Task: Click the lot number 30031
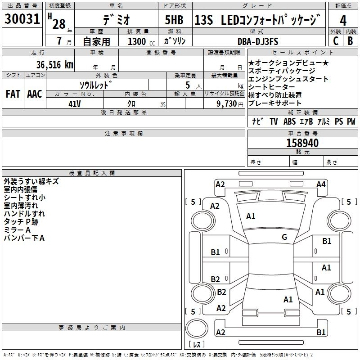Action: click(22, 20)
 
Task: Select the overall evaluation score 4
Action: click(343, 21)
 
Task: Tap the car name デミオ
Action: click(116, 20)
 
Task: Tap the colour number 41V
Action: click(75, 103)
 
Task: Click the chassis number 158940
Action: click(302, 143)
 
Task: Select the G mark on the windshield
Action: click(284, 237)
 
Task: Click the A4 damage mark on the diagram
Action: click(321, 184)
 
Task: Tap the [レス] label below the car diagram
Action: click(197, 344)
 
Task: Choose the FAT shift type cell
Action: click(13, 94)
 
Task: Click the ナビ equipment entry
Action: click(257, 121)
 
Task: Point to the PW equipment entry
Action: click(351, 121)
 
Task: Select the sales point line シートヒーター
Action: click(271, 87)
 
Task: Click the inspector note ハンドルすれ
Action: click(24, 214)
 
